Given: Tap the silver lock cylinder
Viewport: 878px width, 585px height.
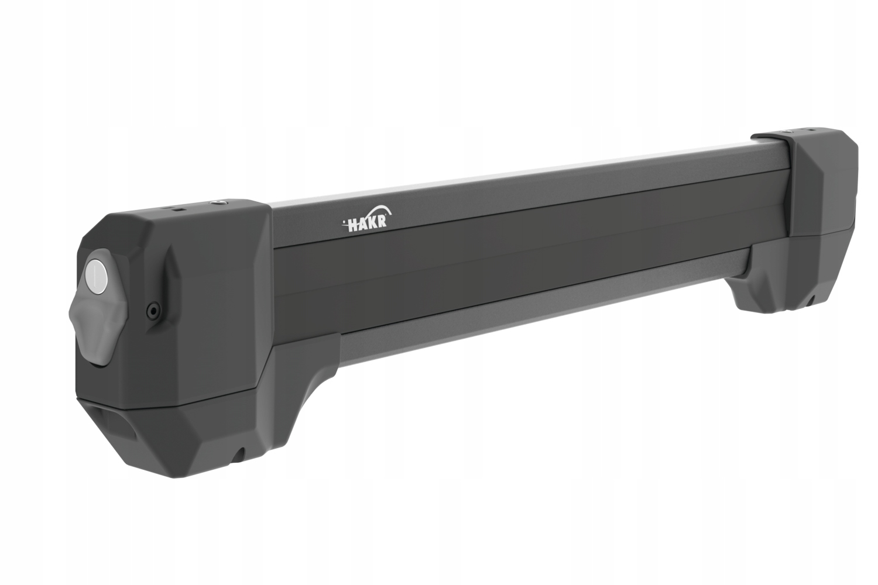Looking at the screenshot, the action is (x=95, y=273).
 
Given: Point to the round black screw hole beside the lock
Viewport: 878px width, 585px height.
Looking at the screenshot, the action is (x=153, y=311).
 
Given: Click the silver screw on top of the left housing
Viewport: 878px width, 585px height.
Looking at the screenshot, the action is (x=217, y=202).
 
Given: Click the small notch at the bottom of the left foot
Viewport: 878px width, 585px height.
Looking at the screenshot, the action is (x=238, y=455).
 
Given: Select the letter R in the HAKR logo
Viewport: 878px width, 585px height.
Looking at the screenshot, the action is (x=383, y=222).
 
